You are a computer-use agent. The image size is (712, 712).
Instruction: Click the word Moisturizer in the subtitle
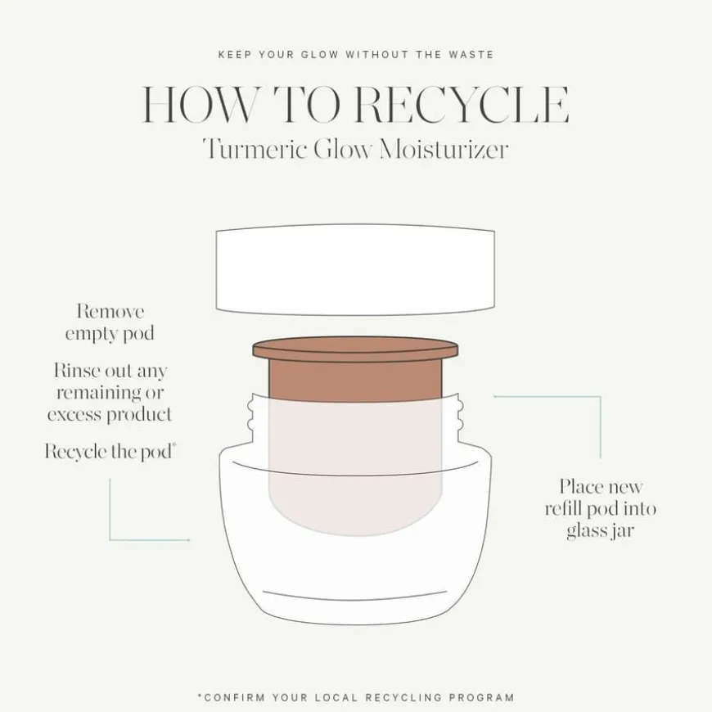pos(443,150)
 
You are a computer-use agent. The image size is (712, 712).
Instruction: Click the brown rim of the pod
pos(354,350)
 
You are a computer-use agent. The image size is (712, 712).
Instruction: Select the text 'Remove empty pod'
pos(110,322)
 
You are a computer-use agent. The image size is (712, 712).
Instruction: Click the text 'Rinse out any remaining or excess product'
pos(110,392)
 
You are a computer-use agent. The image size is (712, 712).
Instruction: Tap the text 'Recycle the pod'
pos(108,452)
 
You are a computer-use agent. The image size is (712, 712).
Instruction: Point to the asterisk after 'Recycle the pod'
pos(175,447)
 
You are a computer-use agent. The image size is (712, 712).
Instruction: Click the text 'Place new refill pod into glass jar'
pos(601,508)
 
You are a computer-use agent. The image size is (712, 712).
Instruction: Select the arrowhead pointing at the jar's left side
pos(187,540)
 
